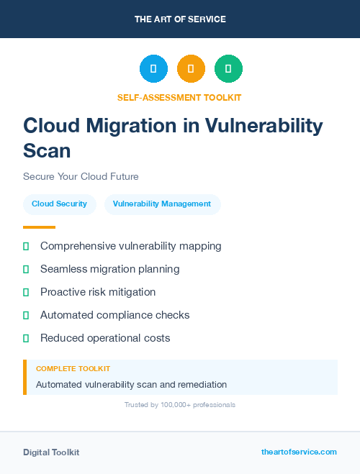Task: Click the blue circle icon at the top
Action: (153, 68)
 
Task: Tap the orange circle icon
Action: (191, 68)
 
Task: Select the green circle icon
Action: (228, 68)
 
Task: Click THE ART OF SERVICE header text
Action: (180, 19)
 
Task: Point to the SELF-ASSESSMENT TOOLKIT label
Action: (179, 97)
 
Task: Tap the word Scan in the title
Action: (48, 150)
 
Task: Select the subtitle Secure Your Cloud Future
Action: (81, 176)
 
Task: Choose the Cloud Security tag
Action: (59, 204)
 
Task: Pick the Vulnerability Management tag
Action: (162, 204)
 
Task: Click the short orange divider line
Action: (39, 227)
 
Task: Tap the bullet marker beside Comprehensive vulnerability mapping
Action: (26, 246)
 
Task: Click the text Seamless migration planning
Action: (109, 269)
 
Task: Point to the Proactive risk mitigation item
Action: (98, 292)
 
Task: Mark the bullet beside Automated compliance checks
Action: (26, 315)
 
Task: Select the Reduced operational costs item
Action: (105, 338)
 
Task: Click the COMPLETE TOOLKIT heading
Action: (73, 368)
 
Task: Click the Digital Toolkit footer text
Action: (51, 452)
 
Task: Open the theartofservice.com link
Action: (299, 452)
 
